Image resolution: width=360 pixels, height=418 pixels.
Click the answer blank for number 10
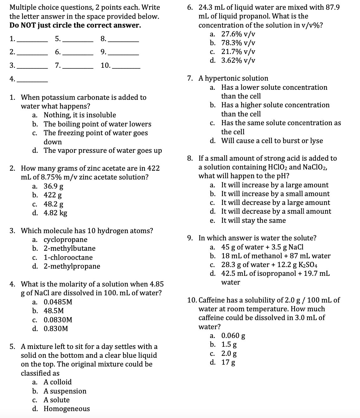coord(126,66)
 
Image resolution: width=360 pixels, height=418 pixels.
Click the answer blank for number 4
coord(32,80)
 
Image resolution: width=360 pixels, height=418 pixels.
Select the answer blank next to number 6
coord(78,53)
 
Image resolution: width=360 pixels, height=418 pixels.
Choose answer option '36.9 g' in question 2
coord(53,186)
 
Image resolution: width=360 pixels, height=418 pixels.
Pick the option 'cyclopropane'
coord(65,240)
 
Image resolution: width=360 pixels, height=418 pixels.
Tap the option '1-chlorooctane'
coord(68,258)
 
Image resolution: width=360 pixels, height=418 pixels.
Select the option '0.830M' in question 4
coord(56,329)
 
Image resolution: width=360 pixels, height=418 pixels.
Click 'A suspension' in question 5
coord(65,391)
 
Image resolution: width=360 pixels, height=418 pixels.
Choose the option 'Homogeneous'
coord(66,409)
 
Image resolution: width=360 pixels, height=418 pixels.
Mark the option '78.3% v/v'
coord(238,43)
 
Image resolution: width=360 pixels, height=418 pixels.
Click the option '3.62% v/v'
coord(238,61)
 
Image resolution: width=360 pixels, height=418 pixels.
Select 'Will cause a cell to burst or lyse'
coord(272,141)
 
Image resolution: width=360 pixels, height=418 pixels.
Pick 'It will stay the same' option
coord(253,221)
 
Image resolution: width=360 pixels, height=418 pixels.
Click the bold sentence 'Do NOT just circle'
coord(75,25)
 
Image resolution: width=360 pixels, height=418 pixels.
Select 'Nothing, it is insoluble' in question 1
coord(80,115)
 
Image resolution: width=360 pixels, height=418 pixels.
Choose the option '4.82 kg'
coord(55,213)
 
